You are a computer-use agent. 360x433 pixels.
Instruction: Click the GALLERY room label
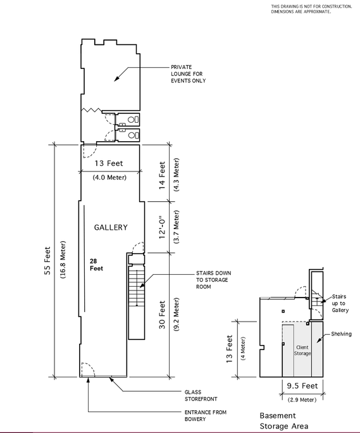(x=111, y=227)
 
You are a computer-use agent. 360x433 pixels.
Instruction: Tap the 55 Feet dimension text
(x=47, y=260)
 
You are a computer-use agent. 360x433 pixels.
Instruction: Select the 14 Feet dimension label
(x=162, y=175)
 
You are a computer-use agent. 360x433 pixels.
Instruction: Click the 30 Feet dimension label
(x=162, y=315)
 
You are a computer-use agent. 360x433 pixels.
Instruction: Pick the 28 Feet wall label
(x=96, y=265)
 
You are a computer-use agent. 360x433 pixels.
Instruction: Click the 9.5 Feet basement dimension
(x=302, y=386)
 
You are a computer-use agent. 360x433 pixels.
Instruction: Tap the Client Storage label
(x=302, y=350)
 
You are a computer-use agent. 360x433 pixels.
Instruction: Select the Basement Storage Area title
(x=284, y=420)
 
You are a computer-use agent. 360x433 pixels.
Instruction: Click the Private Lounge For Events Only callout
(x=189, y=73)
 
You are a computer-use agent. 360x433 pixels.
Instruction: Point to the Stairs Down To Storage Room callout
(x=213, y=280)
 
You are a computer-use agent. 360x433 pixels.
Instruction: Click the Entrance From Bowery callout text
(x=206, y=416)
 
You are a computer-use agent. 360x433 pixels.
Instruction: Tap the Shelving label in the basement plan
(x=341, y=334)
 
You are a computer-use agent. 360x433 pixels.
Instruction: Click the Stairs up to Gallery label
(x=340, y=303)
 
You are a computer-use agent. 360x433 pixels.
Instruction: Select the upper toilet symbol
(x=133, y=120)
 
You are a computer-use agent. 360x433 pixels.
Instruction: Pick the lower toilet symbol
(x=133, y=135)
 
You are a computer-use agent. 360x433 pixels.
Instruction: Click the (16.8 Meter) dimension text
(x=63, y=260)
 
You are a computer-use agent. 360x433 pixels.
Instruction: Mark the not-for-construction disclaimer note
(x=311, y=9)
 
